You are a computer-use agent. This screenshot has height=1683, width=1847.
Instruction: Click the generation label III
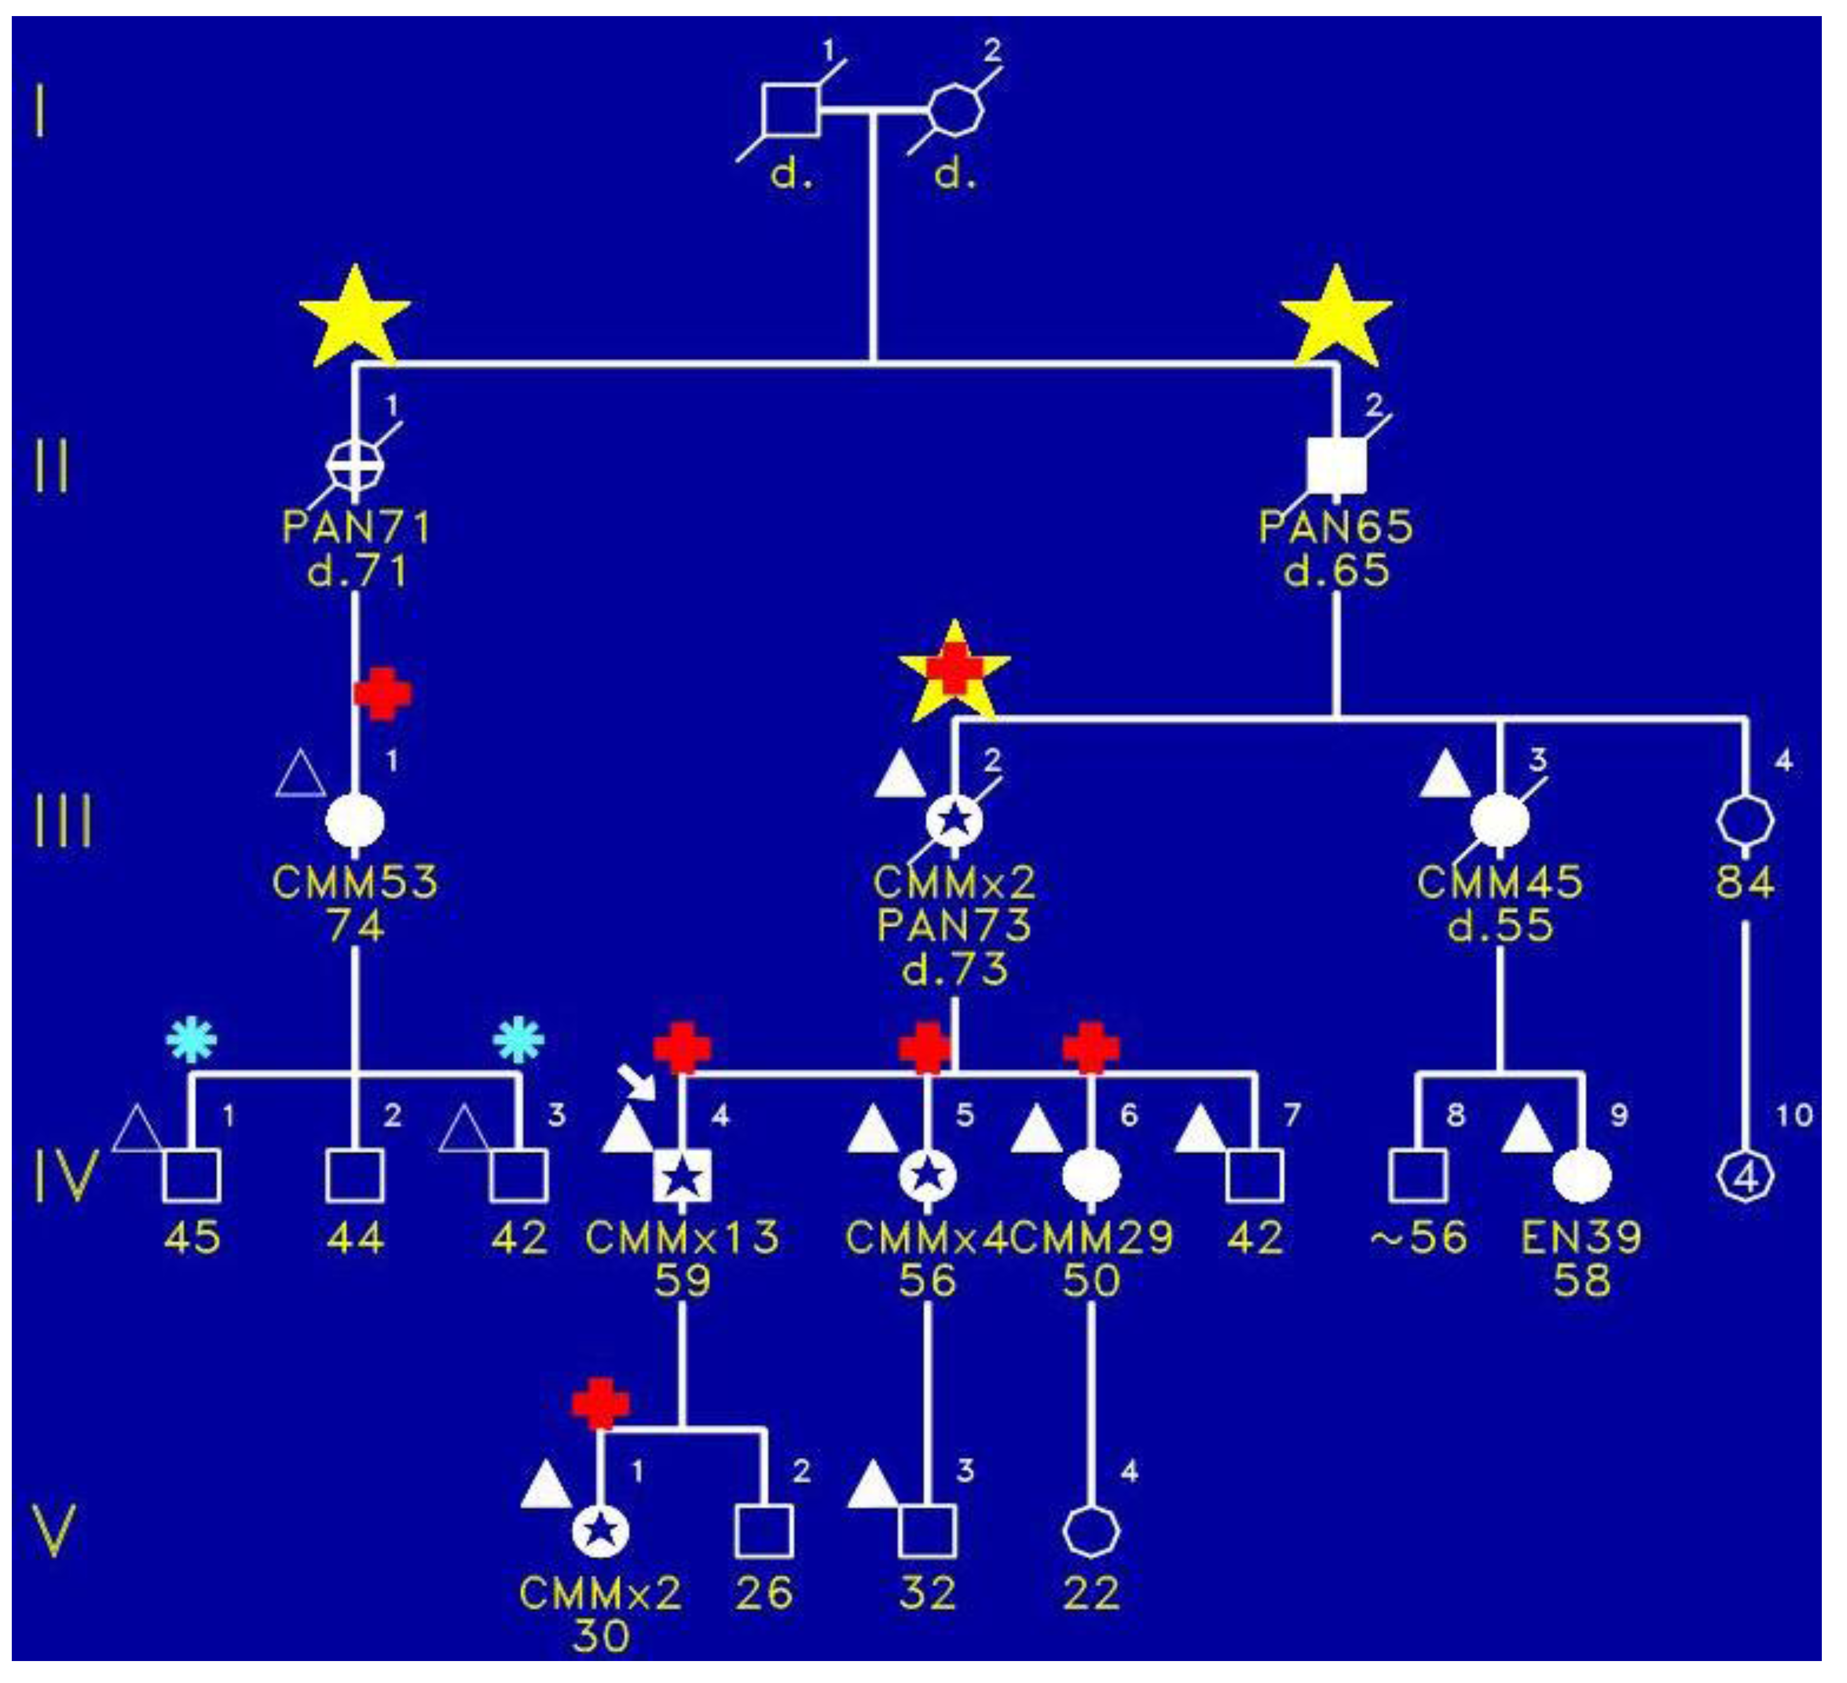coord(62,821)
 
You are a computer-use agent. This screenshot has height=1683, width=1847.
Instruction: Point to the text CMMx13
coord(682,1238)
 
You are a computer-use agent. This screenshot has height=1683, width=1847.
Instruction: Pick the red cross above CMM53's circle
coord(383,694)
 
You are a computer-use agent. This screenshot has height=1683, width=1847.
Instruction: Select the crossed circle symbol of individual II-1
coord(356,463)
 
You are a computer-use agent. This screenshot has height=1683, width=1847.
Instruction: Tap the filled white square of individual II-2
coord(1337,465)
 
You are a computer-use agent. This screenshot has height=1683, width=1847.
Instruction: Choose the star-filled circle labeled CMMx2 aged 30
coord(600,1531)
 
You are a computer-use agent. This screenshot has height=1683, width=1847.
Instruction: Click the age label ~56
coord(1418,1238)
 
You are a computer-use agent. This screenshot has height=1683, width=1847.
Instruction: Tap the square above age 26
coord(764,1531)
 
